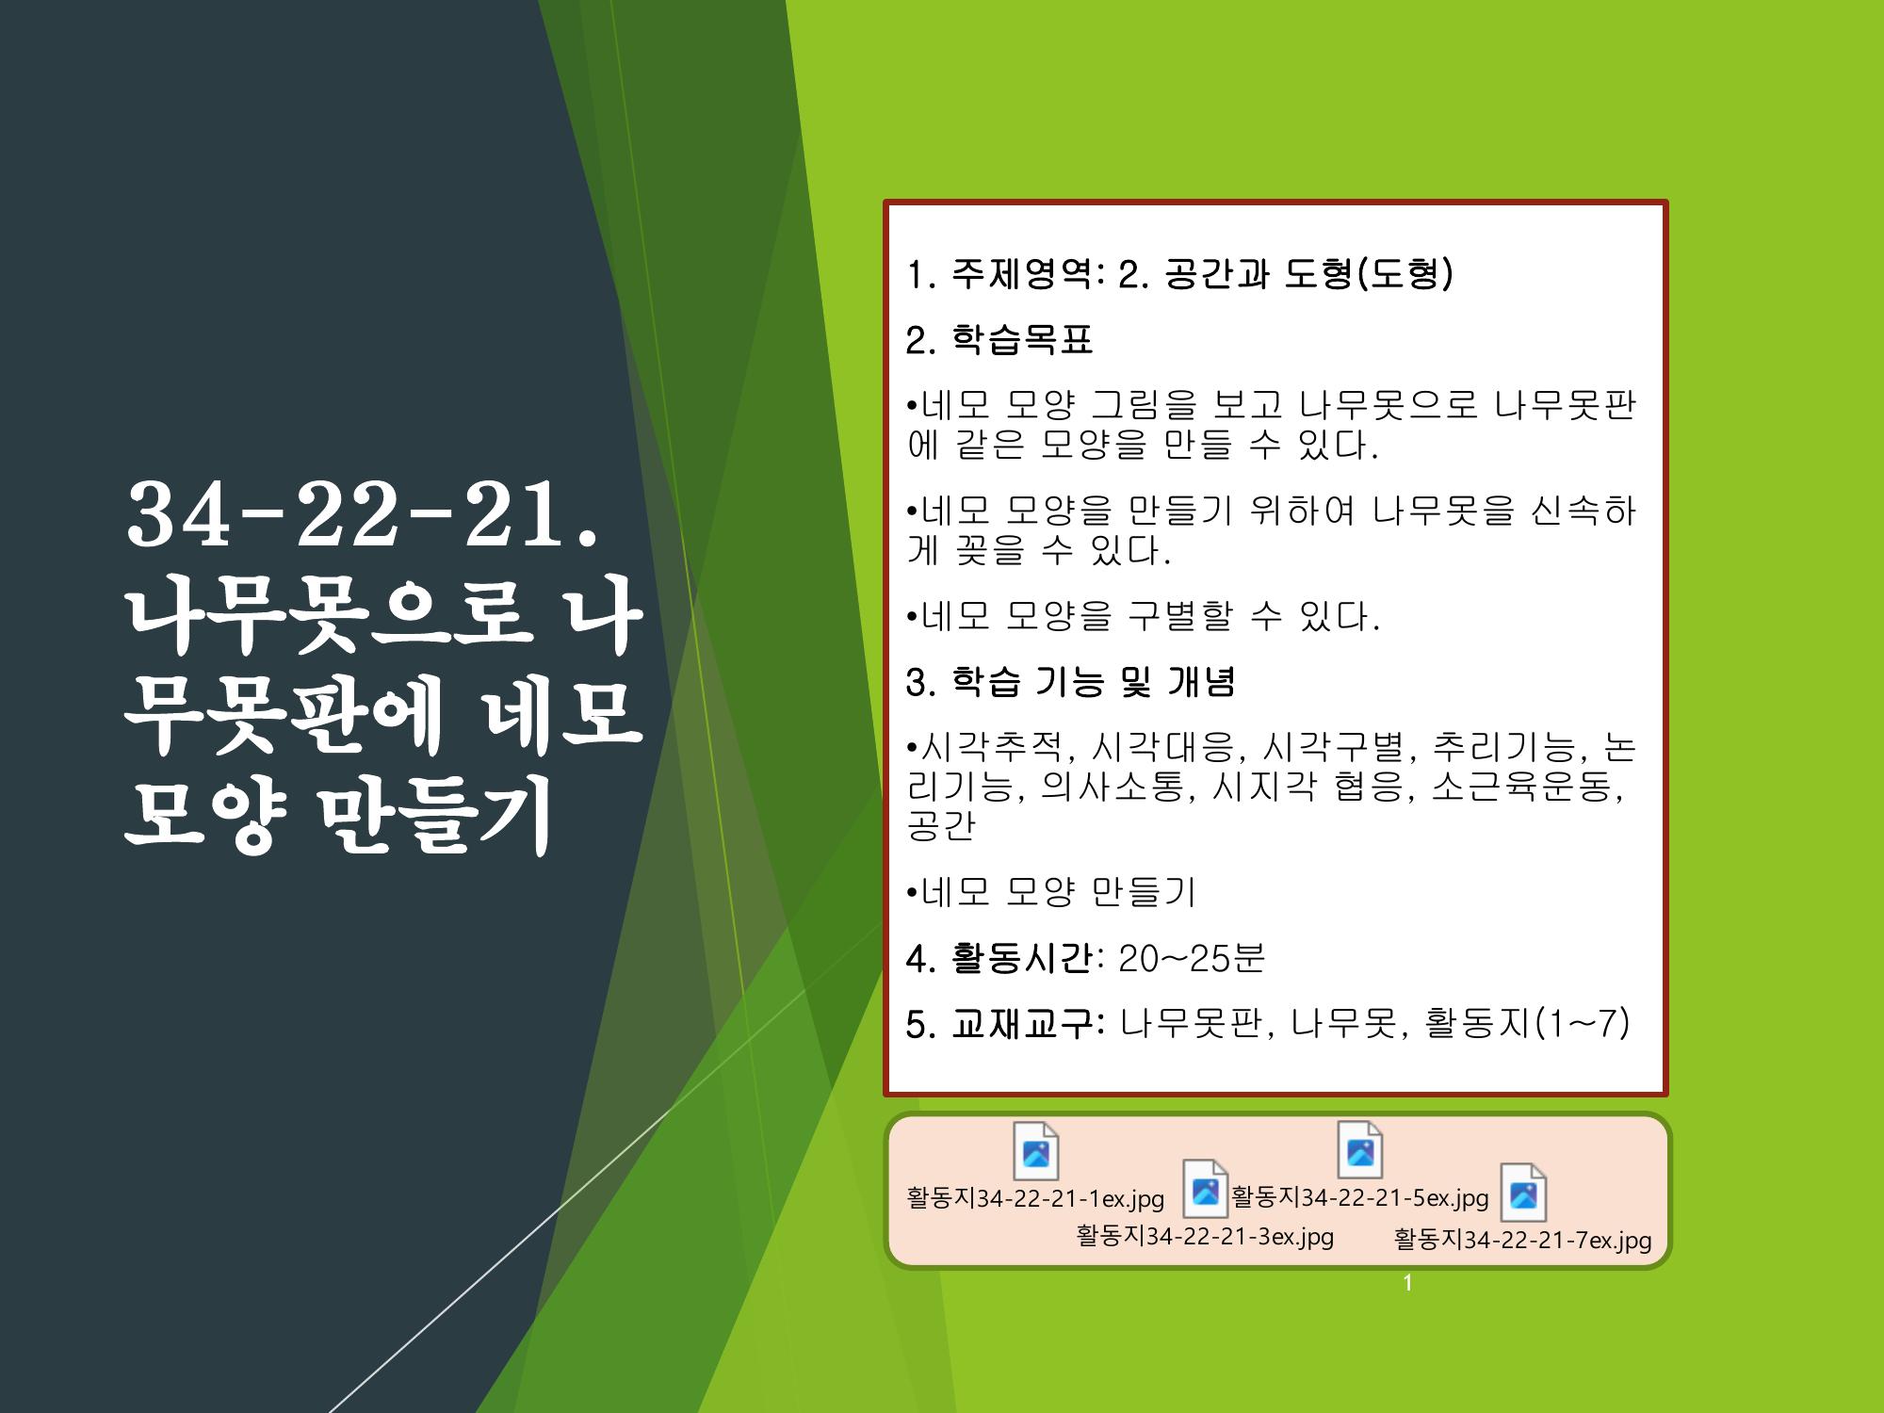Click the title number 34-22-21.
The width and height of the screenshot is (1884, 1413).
(362, 516)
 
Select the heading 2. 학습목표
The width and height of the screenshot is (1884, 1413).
(999, 340)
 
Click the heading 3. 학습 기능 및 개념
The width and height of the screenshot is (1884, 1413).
(1070, 681)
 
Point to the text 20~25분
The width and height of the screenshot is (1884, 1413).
(1192, 958)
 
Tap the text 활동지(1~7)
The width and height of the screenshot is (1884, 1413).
(1528, 1024)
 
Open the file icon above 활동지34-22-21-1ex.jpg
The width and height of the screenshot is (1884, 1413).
(1036, 1151)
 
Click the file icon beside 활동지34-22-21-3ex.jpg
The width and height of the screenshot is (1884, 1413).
(1206, 1189)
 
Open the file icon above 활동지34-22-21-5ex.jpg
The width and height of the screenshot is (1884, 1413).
(1360, 1149)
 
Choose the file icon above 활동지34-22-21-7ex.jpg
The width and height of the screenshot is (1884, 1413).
(1523, 1193)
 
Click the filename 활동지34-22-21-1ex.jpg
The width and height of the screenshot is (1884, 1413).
(1035, 1198)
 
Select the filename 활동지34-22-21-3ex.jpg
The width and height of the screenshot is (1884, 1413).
(1205, 1236)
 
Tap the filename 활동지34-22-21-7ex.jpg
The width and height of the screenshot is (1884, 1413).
(1522, 1240)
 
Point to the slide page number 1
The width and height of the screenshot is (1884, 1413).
(1408, 1283)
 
